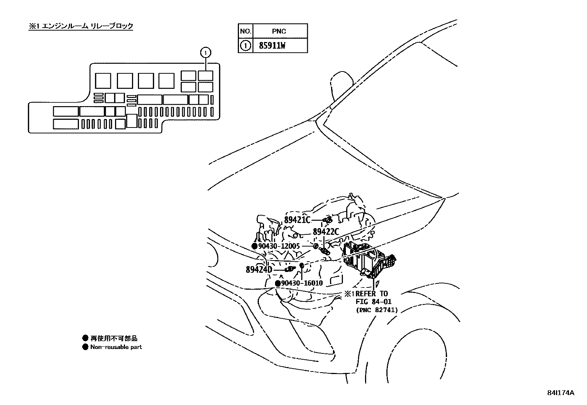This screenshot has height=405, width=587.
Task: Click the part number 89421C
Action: pyautogui.click(x=297, y=220)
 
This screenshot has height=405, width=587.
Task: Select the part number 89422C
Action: pyautogui.click(x=326, y=232)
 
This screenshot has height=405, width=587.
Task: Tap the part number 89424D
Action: pyautogui.click(x=259, y=269)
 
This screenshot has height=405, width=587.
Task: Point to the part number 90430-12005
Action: pyautogui.click(x=279, y=246)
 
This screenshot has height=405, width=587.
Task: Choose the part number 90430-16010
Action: pyautogui.click(x=302, y=283)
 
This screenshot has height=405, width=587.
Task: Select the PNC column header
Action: pyautogui.click(x=279, y=31)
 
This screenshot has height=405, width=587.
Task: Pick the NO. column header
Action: pyautogui.click(x=245, y=31)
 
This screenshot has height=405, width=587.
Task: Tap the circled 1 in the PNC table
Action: pyautogui.click(x=245, y=46)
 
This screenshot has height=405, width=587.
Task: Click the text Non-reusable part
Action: pyautogui.click(x=116, y=347)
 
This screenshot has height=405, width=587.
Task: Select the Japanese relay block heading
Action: pyautogui.click(x=81, y=26)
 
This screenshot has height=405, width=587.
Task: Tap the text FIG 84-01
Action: pyautogui.click(x=374, y=302)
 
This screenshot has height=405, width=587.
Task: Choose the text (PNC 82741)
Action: pyautogui.click(x=377, y=310)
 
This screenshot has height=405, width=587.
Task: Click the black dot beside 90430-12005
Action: pyautogui.click(x=254, y=246)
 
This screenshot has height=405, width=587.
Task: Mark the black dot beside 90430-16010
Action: pyautogui.click(x=278, y=283)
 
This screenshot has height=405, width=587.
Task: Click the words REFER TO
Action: pyautogui.click(x=372, y=294)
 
